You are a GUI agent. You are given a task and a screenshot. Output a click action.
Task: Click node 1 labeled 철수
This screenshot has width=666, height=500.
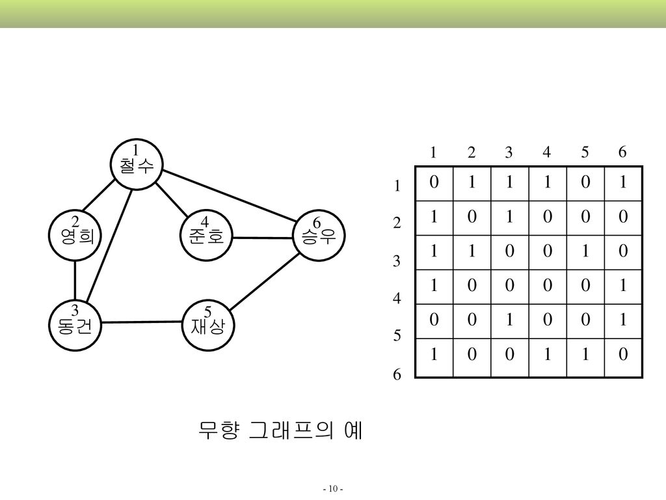pyautogui.click(x=136, y=163)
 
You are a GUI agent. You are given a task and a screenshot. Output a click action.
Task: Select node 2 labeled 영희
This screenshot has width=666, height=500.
pyautogui.click(x=75, y=235)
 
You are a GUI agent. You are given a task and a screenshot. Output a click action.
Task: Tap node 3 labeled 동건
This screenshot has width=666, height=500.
pyautogui.click(x=75, y=323)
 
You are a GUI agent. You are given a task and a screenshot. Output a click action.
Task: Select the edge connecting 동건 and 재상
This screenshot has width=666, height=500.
pyautogui.click(x=142, y=322)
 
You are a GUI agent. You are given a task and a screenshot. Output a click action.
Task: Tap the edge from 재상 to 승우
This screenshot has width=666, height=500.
pyautogui.click(x=263, y=282)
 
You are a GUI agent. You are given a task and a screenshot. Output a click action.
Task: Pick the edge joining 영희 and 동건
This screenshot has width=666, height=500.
pyautogui.click(x=75, y=279)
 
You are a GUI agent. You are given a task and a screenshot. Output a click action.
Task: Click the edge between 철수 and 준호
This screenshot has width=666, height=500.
pyautogui.click(x=172, y=200)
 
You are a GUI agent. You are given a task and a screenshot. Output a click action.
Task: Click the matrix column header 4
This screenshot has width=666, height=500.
pyautogui.click(x=546, y=153)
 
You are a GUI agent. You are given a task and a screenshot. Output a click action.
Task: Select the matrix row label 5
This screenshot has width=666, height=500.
pyautogui.click(x=397, y=337)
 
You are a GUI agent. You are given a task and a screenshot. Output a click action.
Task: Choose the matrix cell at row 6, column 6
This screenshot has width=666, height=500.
pyautogui.click(x=623, y=355)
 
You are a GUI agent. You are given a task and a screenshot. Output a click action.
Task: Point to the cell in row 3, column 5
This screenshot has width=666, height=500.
pyautogui.click(x=585, y=251)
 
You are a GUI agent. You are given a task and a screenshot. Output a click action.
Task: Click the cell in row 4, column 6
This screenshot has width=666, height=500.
pyautogui.click(x=623, y=286)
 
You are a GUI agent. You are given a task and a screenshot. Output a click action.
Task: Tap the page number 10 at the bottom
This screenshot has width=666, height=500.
pyautogui.click(x=333, y=488)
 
